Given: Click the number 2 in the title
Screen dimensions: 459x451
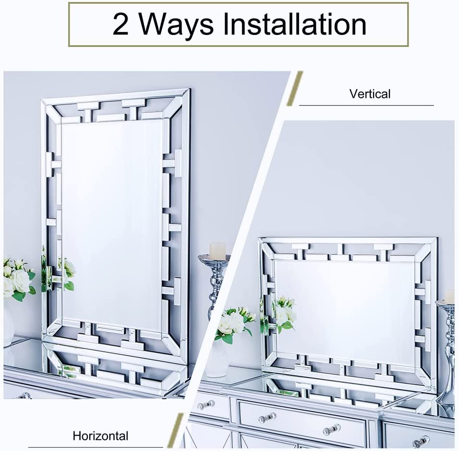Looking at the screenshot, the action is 121,24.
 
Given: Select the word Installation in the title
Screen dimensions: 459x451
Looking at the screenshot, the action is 295,24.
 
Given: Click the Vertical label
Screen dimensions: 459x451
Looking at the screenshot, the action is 370,94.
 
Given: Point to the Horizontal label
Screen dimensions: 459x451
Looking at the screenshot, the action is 100,436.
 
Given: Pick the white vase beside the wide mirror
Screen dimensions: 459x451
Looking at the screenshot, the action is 217,359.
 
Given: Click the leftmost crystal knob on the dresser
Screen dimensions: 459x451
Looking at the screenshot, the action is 205,405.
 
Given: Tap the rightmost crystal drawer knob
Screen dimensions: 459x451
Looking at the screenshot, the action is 421,441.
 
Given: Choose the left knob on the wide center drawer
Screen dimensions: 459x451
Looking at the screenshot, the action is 267,416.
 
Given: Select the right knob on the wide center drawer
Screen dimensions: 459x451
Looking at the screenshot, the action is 332,429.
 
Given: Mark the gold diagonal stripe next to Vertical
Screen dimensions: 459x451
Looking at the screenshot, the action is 295,88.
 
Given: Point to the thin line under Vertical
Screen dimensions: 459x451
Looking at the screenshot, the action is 366,105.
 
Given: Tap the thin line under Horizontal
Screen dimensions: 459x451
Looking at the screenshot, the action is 96,447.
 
